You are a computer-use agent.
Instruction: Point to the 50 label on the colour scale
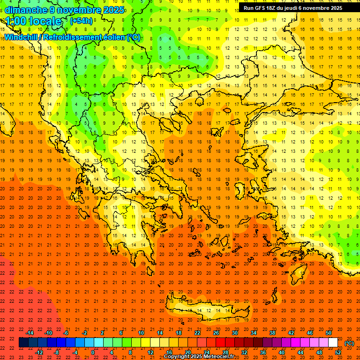tap(329, 333)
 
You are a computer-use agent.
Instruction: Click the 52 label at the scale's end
tap(338, 352)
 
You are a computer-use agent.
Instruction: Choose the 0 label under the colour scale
tap(93, 352)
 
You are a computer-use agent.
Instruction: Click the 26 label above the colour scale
tap(216, 333)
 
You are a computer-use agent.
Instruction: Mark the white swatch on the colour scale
tap(333, 343)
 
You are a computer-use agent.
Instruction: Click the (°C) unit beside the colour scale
tap(349, 343)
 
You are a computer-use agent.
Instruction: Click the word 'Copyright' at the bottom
tap(177, 357)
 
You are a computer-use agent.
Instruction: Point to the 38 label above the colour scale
tap(272, 333)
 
